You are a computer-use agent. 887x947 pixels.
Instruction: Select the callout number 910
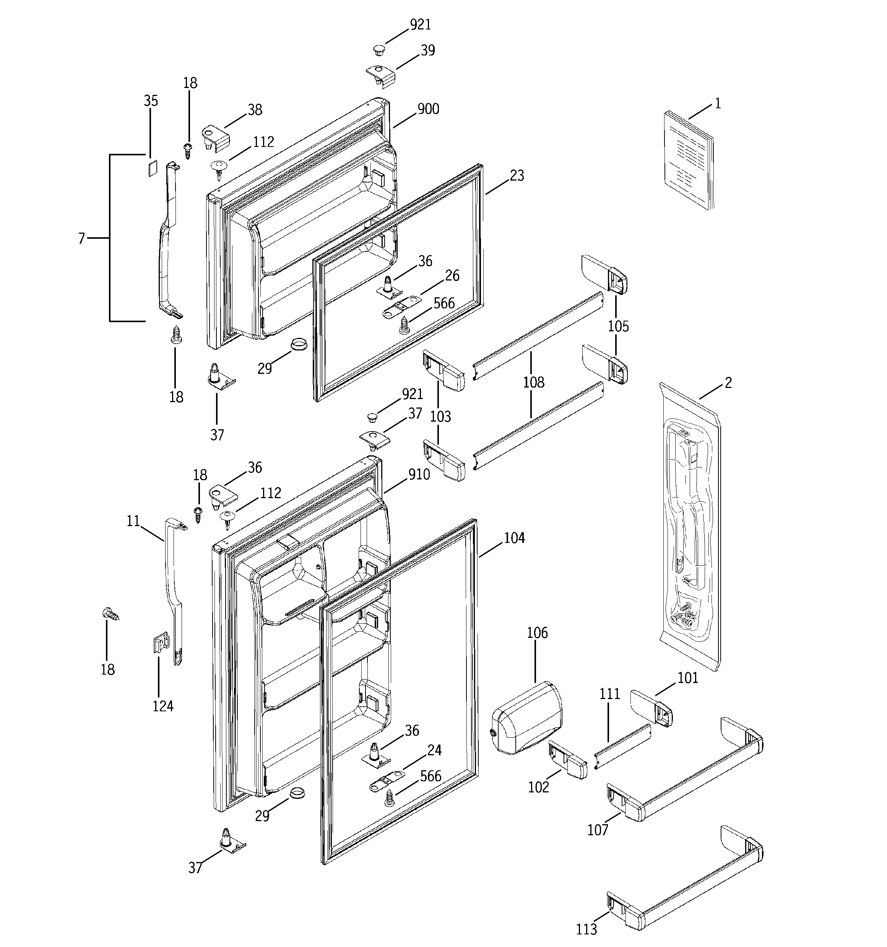419,474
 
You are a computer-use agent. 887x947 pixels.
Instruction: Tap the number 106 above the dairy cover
537,633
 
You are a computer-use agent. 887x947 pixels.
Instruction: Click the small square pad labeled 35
151,169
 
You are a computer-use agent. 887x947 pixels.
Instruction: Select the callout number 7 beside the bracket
81,239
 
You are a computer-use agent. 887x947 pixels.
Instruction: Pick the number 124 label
163,706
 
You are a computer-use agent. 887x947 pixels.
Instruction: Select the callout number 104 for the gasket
514,538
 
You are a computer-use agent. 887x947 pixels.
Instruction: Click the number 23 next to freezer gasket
517,176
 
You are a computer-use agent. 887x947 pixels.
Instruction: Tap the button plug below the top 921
379,49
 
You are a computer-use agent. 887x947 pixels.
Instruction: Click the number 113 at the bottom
586,929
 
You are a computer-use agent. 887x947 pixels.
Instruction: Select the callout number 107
598,830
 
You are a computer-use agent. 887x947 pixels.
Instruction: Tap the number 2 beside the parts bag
728,383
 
